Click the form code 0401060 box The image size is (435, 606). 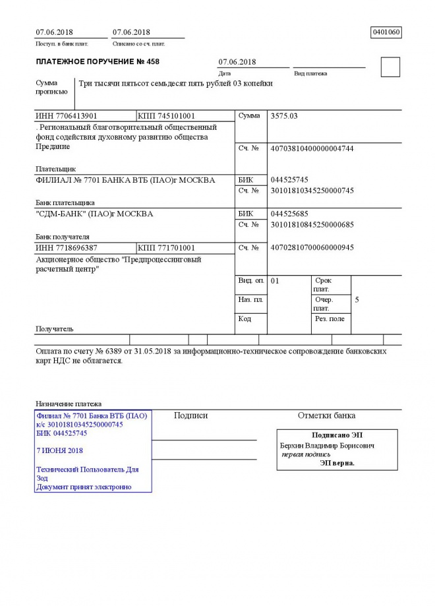coord(386,32)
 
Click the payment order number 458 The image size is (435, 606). coord(152,62)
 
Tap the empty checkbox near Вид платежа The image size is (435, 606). coord(390,67)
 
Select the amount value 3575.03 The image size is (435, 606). coord(285,116)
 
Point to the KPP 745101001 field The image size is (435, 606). coord(167,116)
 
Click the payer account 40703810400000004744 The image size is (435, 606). coord(312,148)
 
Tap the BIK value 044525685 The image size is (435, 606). coord(289,214)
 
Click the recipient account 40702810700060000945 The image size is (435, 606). coord(312,248)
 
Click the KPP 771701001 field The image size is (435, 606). coord(167,248)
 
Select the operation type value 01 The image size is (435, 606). coord(275,281)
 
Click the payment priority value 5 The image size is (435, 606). coord(357,300)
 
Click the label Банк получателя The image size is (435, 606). coord(63,236)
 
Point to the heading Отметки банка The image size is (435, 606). coord(326,415)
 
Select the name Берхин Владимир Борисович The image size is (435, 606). coord(327,446)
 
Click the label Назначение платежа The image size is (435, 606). coord(69,404)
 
